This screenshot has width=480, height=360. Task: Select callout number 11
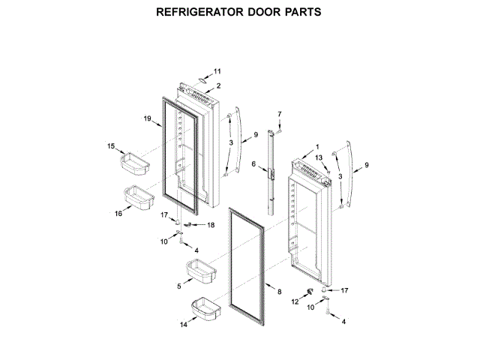click(x=217, y=71)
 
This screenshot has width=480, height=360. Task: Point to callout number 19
click(x=148, y=118)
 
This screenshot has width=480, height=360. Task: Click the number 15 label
click(x=111, y=146)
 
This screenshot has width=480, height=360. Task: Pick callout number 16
click(x=118, y=214)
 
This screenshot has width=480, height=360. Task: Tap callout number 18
click(x=211, y=225)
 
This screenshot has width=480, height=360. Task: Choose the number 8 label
click(x=279, y=291)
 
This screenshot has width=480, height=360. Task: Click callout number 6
click(x=253, y=164)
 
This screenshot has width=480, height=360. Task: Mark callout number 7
click(x=279, y=113)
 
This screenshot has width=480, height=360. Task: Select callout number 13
click(x=318, y=157)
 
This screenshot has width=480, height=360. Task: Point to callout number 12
click(x=295, y=301)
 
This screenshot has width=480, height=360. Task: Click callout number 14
click(x=182, y=325)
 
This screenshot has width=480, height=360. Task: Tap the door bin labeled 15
click(x=134, y=160)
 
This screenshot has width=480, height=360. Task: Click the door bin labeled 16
click(x=137, y=196)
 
